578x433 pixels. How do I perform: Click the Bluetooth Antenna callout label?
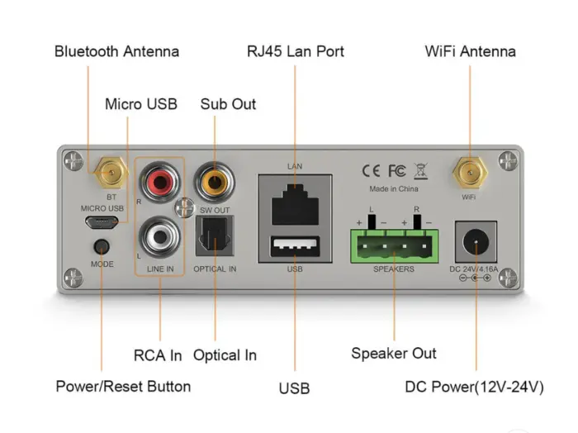pyautogui.click(x=116, y=51)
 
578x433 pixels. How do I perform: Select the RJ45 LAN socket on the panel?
pyautogui.click(x=296, y=202)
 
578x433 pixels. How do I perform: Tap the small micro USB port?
pyautogui.click(x=102, y=223)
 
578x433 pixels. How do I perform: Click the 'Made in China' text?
pyautogui.click(x=394, y=189)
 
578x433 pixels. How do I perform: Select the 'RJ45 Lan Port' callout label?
pyautogui.click(x=296, y=51)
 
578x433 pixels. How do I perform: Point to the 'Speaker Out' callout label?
pyautogui.click(x=394, y=353)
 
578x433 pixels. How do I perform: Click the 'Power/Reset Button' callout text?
pyautogui.click(x=123, y=386)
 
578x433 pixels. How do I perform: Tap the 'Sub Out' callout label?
pyautogui.click(x=228, y=104)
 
